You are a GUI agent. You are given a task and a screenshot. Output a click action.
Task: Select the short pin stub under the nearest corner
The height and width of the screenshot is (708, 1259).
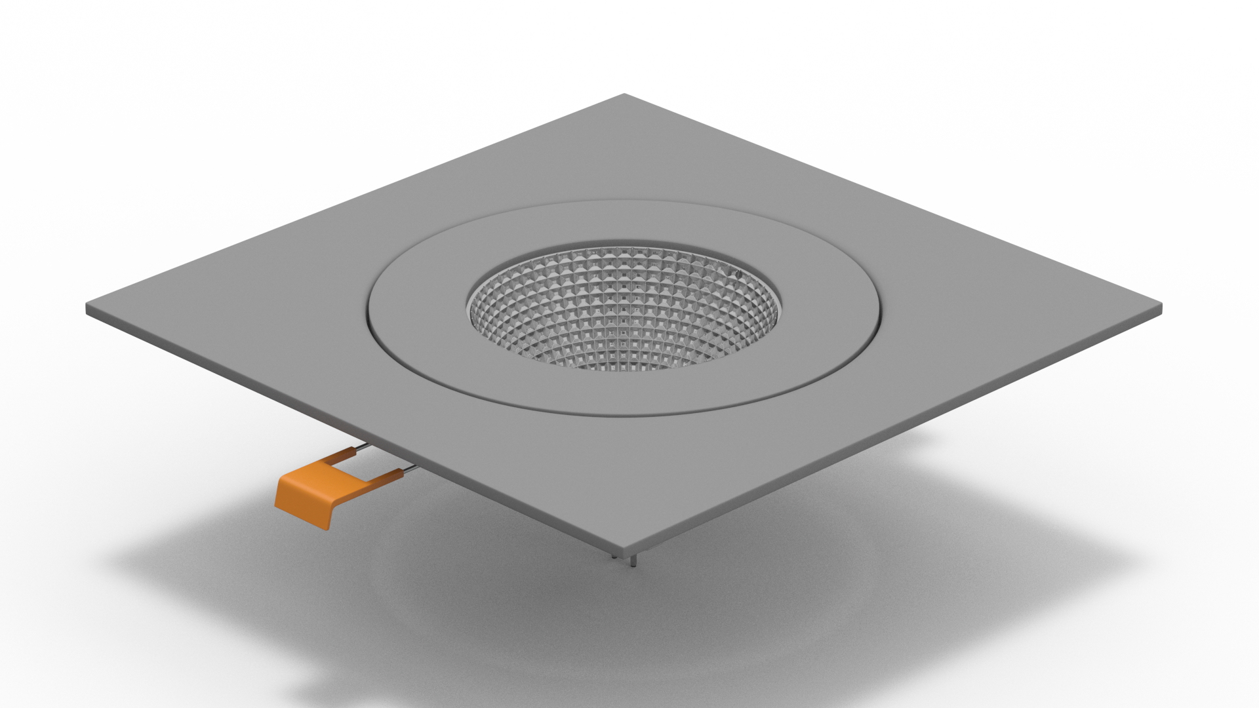(x=614, y=556)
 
